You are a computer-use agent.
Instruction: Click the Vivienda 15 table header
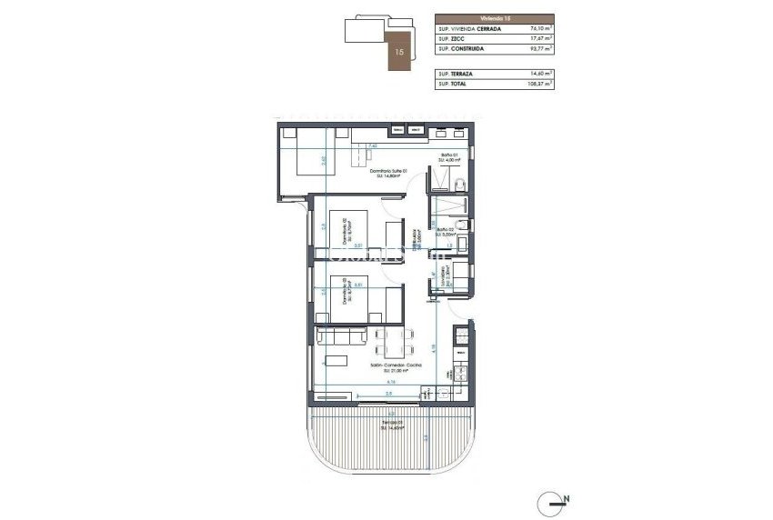click(494, 17)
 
